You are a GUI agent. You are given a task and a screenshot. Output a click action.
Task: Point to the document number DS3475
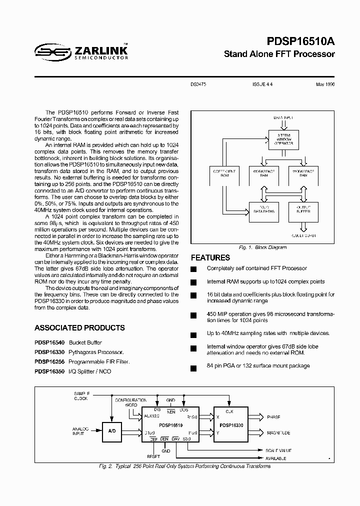pos(199,85)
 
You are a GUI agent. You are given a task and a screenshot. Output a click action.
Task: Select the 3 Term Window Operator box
pos(284,140)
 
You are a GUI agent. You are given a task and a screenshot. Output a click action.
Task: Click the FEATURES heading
pos(210,258)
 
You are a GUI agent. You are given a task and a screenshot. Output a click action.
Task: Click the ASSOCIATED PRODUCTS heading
pos(79,328)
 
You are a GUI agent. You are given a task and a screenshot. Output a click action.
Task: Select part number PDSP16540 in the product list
pos(50,342)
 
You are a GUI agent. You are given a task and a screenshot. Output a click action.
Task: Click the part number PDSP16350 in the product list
pos(50,371)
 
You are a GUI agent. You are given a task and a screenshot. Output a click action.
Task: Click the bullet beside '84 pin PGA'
pos(193,368)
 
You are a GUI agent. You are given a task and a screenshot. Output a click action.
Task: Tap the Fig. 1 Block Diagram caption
pos(262,247)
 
